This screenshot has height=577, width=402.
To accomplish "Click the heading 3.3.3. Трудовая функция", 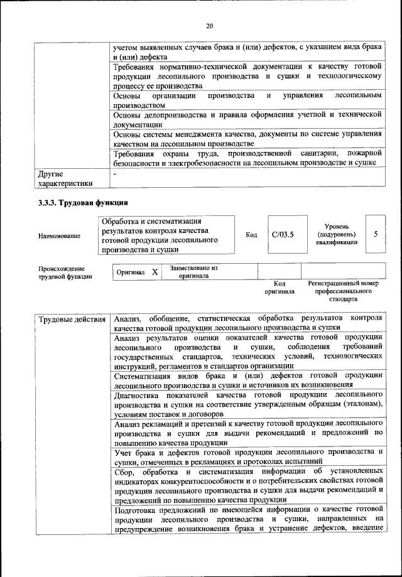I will click(82, 203).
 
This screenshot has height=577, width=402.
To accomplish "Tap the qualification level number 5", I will click(375, 234).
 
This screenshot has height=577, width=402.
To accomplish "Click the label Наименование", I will click(59, 235).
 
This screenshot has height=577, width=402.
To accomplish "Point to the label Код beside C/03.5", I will click(251, 235).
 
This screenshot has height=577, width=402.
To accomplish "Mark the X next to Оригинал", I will click(155, 272).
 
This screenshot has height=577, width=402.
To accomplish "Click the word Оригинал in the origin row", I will click(131, 272).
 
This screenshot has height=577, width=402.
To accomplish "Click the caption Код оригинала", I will click(280, 288).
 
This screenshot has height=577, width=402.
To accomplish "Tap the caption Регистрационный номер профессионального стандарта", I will click(343, 292).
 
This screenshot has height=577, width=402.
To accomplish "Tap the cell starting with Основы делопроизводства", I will click(248, 119).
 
